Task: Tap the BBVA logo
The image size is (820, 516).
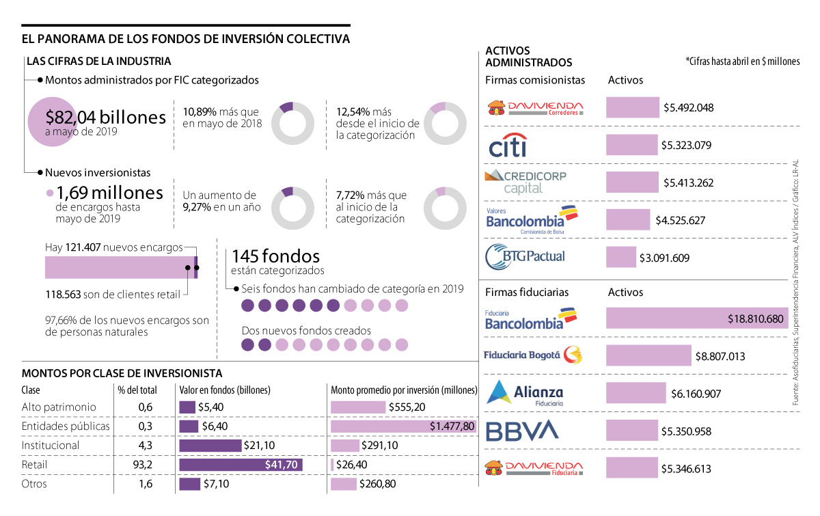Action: [x=522, y=431]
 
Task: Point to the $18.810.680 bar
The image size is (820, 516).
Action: [x=696, y=318]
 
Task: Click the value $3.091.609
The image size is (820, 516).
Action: [x=665, y=258]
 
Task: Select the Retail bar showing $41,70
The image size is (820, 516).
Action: [x=241, y=465]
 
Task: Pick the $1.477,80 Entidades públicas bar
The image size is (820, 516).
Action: [x=403, y=426]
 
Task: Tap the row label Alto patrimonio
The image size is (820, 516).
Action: [x=59, y=407]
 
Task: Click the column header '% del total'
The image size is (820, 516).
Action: [x=137, y=390]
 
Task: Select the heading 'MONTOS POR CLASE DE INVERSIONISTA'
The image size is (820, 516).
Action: [x=122, y=373]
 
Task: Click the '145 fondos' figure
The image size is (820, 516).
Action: [x=276, y=257]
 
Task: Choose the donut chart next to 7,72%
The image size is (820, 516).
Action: [x=443, y=208]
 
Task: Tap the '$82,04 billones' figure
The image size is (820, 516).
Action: [x=106, y=118]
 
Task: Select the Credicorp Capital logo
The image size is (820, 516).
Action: [x=525, y=182]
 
